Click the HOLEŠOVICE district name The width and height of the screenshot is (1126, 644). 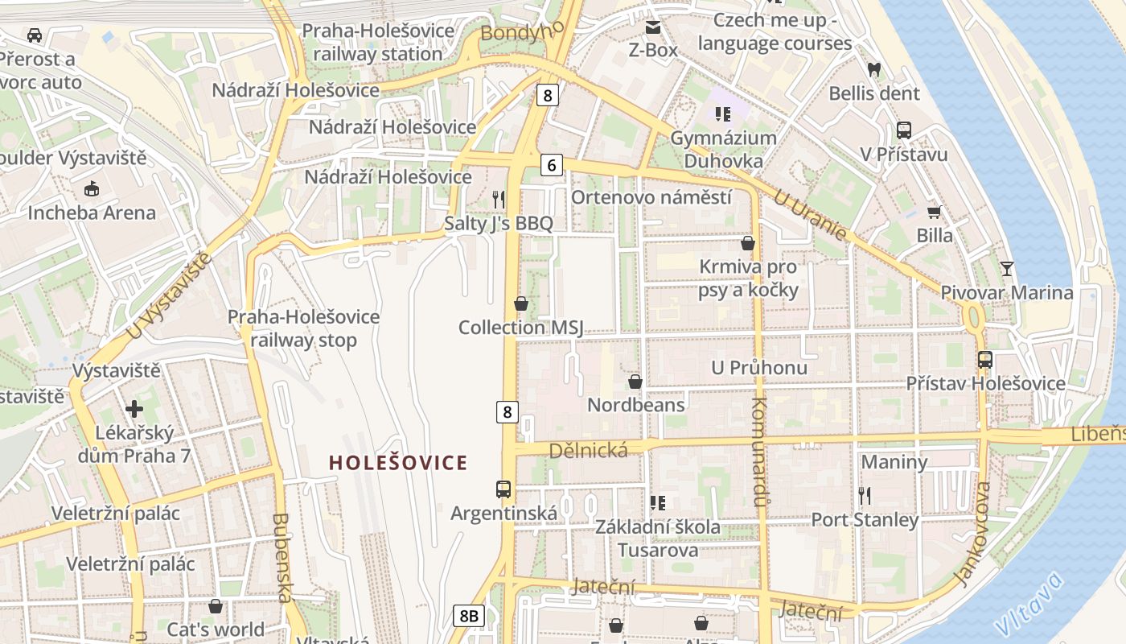[x=398, y=463]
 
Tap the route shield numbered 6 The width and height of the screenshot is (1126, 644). [x=551, y=166]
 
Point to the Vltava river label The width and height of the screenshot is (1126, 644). [x=1029, y=603]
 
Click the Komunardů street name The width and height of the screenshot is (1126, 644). [x=760, y=451]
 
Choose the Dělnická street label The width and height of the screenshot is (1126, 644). [x=588, y=451]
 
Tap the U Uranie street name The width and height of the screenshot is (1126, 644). [x=811, y=215]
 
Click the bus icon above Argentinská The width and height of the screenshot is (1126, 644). [x=503, y=489]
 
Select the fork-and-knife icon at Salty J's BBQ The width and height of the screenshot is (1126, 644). [x=499, y=199]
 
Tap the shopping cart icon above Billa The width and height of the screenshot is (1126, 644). [x=934, y=212]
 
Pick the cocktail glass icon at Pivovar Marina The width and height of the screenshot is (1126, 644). [x=1006, y=268]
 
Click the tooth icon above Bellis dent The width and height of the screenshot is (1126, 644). [x=874, y=70]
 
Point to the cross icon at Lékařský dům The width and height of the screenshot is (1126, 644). [x=134, y=409]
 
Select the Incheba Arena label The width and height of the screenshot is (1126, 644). [x=92, y=213]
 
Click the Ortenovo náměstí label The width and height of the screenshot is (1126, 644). [x=651, y=198]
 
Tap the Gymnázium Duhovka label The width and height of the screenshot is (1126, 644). [x=723, y=149]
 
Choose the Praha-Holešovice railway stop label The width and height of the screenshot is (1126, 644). [x=303, y=328]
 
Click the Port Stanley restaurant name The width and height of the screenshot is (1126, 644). [x=865, y=520]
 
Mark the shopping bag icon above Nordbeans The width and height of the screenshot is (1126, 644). [x=635, y=381]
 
